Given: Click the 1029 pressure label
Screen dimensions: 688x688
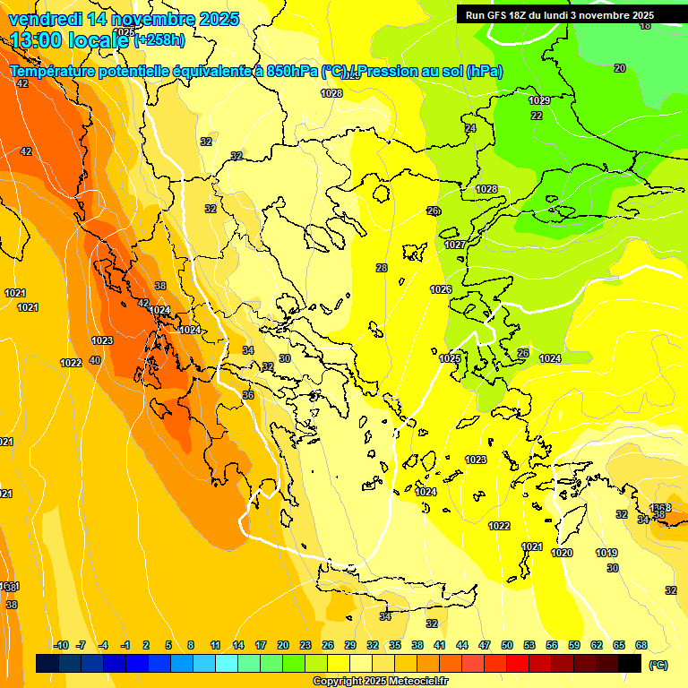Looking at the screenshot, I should pyautogui.click(x=539, y=100).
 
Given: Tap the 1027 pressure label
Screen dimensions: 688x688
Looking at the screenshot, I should pyautogui.click(x=455, y=245).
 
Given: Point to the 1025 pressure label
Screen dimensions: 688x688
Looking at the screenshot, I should pyautogui.click(x=451, y=358).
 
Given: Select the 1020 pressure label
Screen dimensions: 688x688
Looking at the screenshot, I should pyautogui.click(x=562, y=553).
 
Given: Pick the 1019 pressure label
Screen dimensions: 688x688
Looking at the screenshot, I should pyautogui.click(x=606, y=553).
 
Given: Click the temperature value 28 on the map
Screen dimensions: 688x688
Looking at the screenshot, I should pyautogui.click(x=382, y=268).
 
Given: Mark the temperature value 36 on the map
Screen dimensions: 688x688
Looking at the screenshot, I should pyautogui.click(x=248, y=395).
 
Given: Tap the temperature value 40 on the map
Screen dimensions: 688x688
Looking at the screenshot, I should pyautogui.click(x=95, y=360).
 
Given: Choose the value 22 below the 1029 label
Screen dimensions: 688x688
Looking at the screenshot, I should pyautogui.click(x=537, y=116).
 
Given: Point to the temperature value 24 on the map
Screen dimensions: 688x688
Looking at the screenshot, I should pyautogui.click(x=470, y=128).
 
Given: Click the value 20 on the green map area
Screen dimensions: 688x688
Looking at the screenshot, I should pyautogui.click(x=620, y=68).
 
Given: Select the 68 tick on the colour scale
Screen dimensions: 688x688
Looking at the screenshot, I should pyautogui.click(x=641, y=645).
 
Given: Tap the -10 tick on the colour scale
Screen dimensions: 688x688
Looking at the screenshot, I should pyautogui.click(x=62, y=645).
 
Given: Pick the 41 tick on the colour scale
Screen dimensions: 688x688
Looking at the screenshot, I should pyautogui.click(x=440, y=645).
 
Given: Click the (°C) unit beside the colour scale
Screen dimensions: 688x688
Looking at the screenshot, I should pyautogui.click(x=658, y=665).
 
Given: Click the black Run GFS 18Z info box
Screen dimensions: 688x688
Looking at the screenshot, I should pyautogui.click(x=560, y=15).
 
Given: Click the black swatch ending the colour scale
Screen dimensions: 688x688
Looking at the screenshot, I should pyautogui.click(x=630, y=664).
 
